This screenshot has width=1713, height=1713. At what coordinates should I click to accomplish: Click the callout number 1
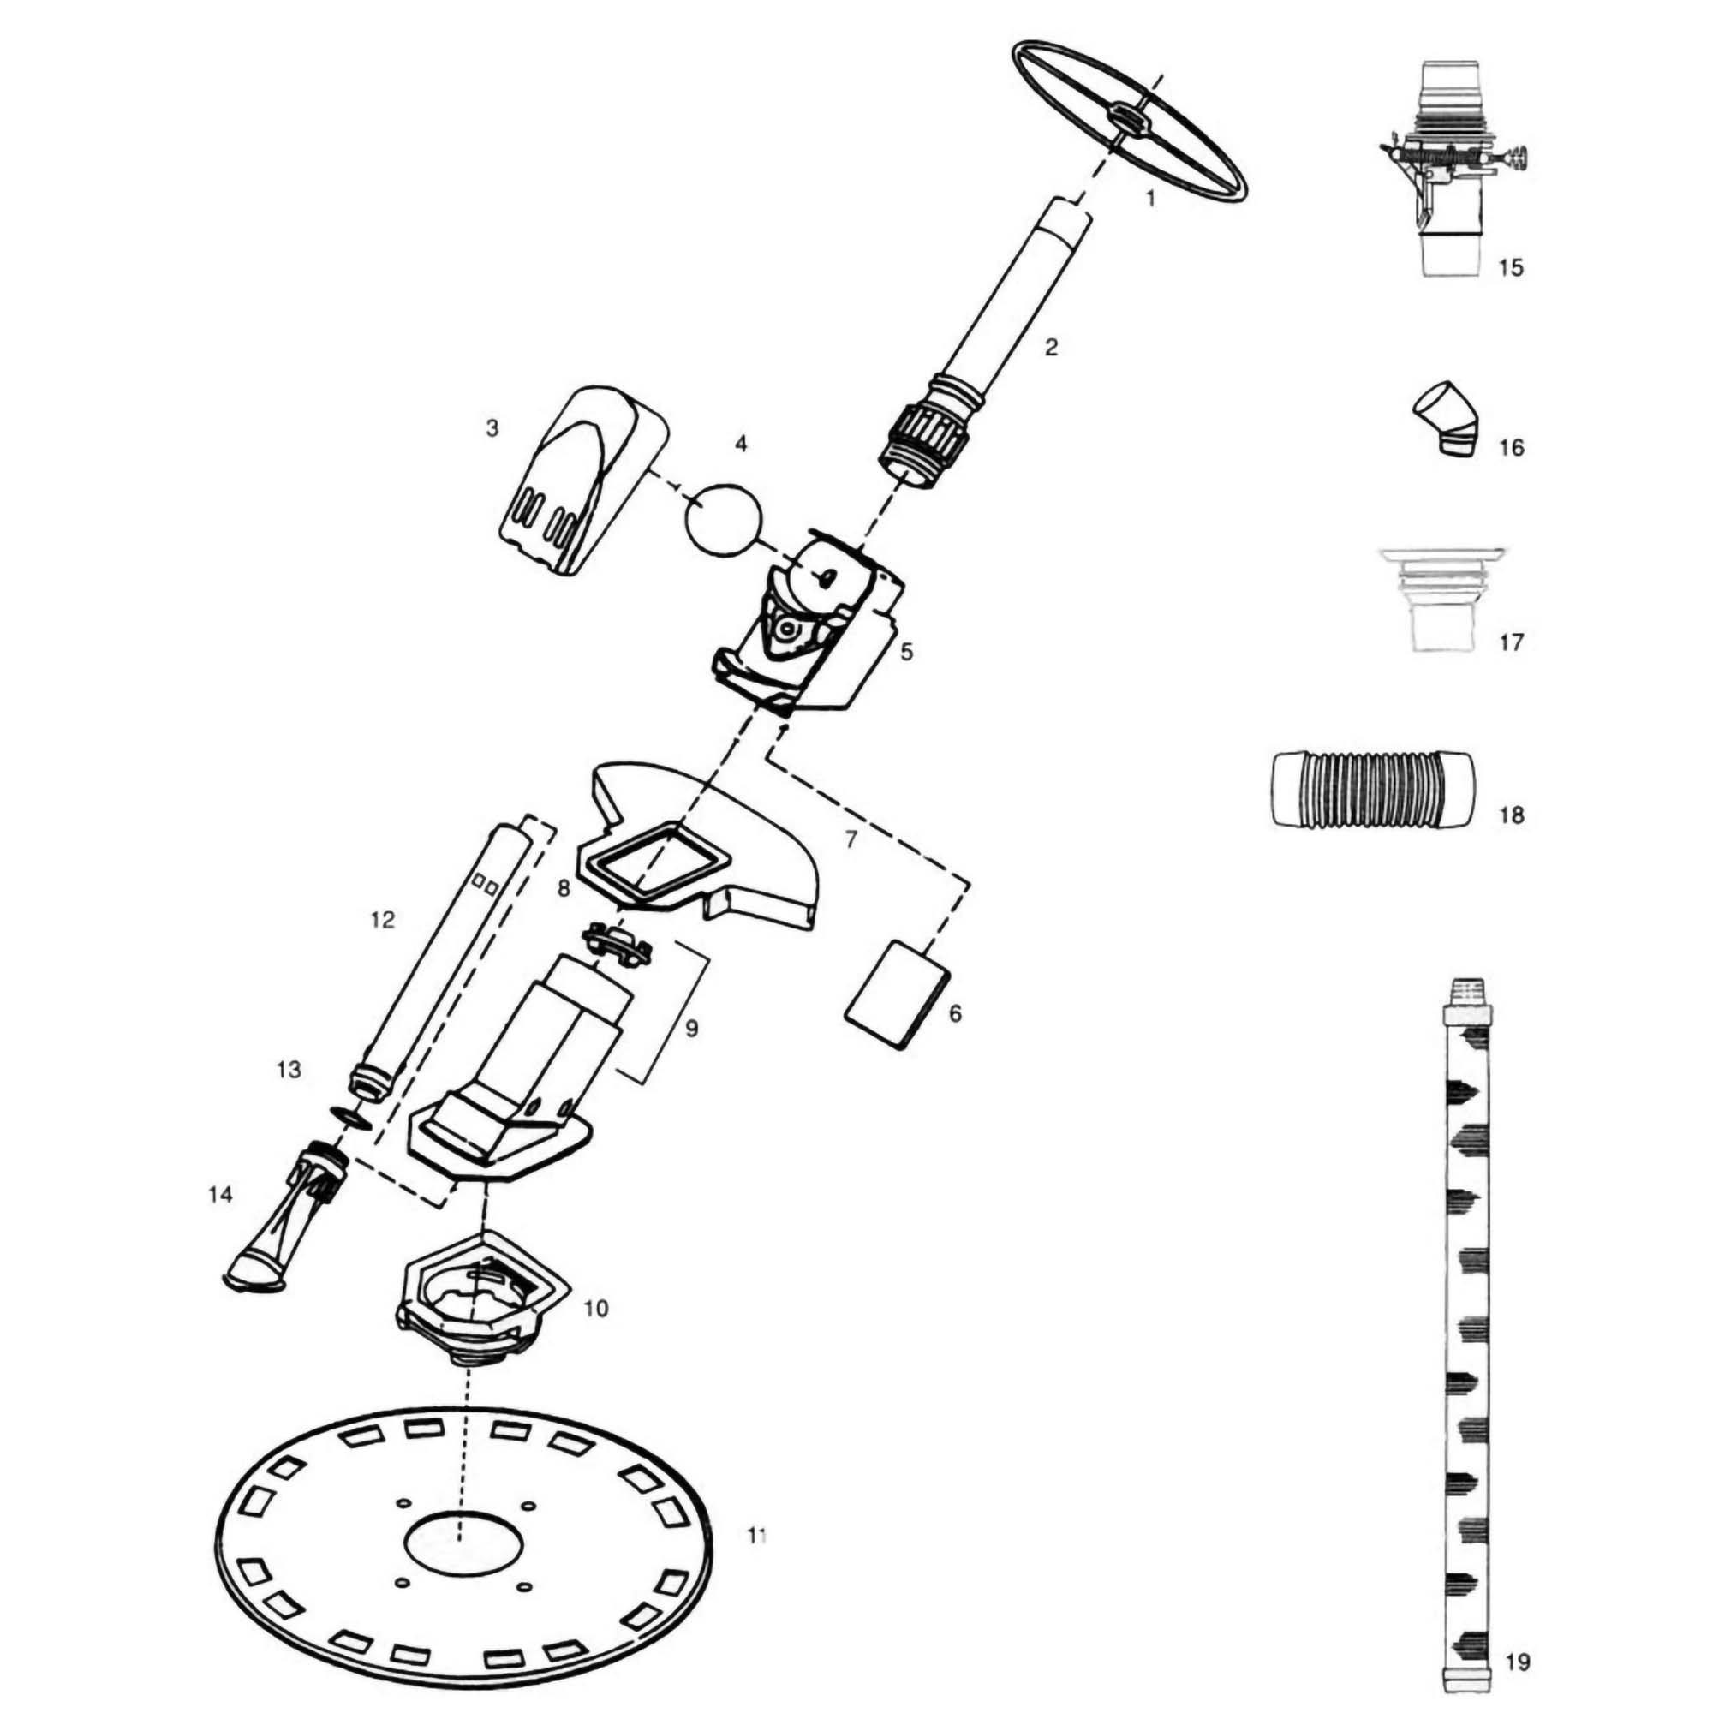[x=1151, y=199]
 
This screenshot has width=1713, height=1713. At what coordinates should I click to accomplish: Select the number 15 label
[x=1510, y=267]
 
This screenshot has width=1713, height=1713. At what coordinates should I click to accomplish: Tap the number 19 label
[x=1518, y=1662]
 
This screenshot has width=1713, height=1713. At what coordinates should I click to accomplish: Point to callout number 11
[x=755, y=1535]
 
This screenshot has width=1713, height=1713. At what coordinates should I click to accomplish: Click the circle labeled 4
[x=724, y=521]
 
